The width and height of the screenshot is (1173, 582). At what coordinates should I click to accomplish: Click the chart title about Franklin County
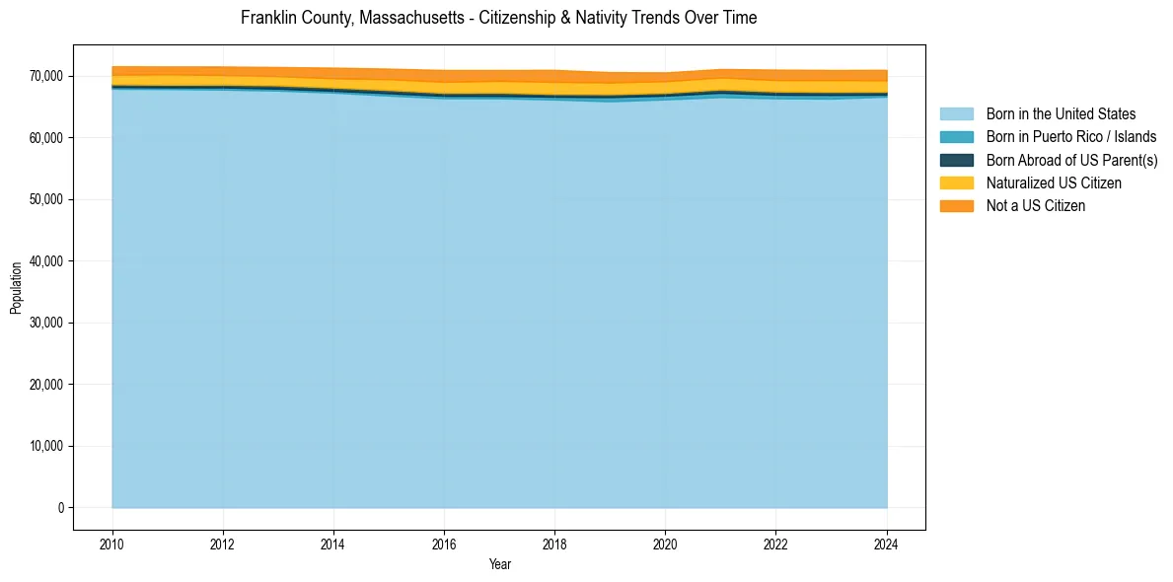click(498, 18)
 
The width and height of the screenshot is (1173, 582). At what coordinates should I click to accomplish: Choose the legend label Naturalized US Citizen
click(1054, 183)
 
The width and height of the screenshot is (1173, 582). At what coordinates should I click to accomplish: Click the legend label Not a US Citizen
click(1035, 206)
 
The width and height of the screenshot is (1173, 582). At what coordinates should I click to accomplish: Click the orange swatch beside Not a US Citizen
click(956, 206)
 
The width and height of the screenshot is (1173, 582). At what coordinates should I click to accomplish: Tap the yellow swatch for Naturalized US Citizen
click(956, 183)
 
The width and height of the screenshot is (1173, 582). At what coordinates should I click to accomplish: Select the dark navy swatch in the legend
click(956, 160)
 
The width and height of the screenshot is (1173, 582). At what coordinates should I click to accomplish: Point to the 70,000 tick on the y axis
click(47, 77)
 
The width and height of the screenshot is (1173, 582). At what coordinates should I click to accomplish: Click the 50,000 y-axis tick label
click(47, 200)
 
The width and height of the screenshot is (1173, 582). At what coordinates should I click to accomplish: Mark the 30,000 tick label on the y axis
click(47, 324)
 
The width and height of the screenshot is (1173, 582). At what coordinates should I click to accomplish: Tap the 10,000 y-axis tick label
click(47, 447)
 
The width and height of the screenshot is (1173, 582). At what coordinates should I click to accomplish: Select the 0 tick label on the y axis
click(61, 508)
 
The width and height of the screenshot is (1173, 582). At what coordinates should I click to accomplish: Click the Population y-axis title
click(16, 287)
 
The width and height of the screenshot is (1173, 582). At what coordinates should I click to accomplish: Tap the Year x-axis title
click(499, 565)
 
